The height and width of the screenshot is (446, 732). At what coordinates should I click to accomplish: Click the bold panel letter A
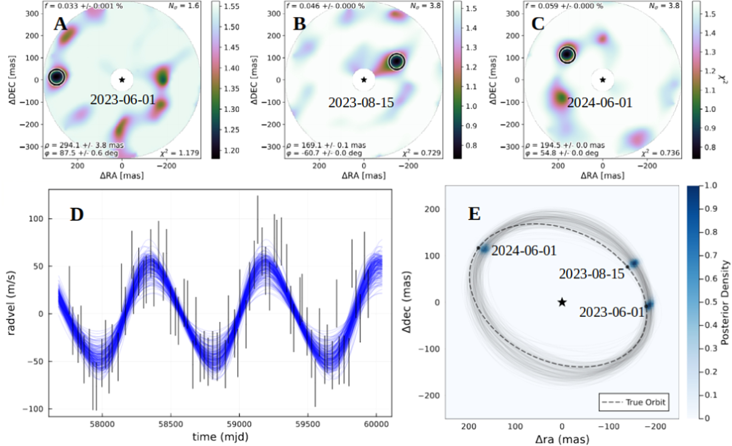coord(61,25)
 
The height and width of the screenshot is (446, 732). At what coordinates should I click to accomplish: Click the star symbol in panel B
coord(364,80)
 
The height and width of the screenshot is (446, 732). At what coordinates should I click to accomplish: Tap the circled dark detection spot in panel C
coord(567,55)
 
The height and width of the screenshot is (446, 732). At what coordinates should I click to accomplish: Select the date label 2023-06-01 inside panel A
coord(123,100)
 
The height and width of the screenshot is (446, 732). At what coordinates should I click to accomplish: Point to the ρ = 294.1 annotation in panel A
coord(84,146)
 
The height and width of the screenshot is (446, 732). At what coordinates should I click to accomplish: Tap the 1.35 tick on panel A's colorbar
coord(232,89)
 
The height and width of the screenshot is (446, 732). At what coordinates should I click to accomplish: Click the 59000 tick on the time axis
coord(239,424)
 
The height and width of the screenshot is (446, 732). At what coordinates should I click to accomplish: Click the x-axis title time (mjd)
coord(220,437)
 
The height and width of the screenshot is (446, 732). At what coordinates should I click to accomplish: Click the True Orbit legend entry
coord(634,402)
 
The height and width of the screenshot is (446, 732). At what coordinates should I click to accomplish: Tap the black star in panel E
coord(562,302)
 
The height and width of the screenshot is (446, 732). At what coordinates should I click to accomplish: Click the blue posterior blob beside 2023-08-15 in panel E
coord(634,263)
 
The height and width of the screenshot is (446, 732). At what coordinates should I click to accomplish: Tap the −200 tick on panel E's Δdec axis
coord(429,395)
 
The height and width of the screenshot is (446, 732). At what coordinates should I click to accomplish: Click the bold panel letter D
coord(77,215)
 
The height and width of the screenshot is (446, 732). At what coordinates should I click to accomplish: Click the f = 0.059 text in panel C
coord(563,6)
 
